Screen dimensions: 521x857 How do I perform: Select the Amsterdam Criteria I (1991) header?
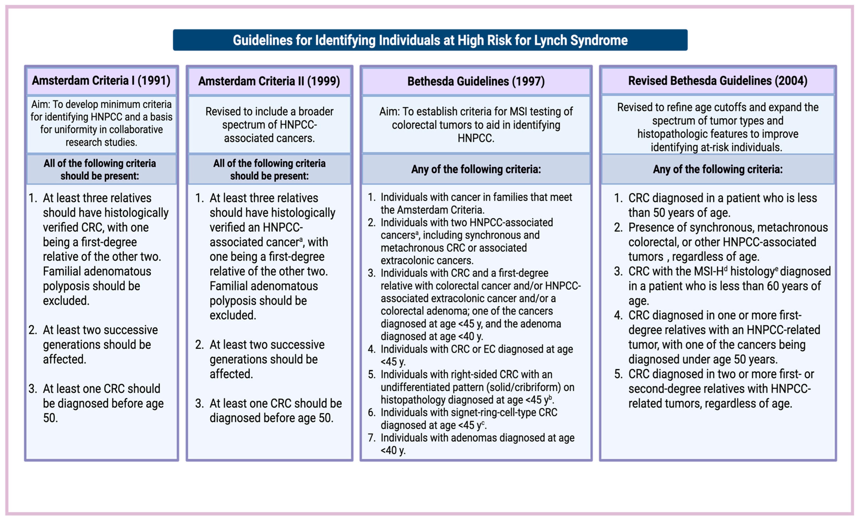[101, 81]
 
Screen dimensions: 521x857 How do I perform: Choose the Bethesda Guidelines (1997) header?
[476, 81]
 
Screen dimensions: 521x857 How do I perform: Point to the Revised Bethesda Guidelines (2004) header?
[718, 81]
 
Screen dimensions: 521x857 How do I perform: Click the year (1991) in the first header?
[154, 81]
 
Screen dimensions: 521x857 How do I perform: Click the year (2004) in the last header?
[791, 81]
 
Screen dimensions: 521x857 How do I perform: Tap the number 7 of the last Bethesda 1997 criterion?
[371, 438]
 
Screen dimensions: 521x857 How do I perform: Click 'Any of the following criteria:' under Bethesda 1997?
[476, 169]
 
